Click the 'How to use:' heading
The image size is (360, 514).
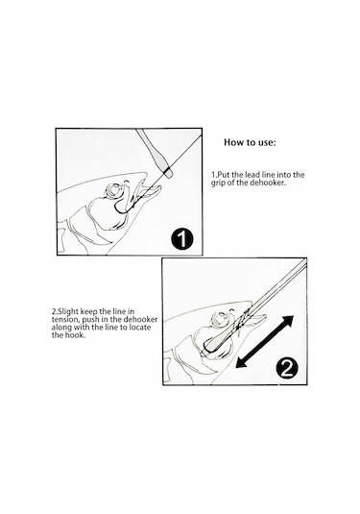click(x=250, y=142)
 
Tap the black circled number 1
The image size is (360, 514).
click(x=182, y=238)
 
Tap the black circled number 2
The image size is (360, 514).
click(x=287, y=369)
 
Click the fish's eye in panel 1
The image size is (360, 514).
click(x=114, y=190)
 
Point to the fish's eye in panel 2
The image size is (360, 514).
click(x=221, y=318)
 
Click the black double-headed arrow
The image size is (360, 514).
click(x=265, y=342)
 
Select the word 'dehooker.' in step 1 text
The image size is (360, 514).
click(x=268, y=183)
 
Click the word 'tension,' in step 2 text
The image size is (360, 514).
click(x=65, y=319)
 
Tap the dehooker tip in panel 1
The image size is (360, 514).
click(x=168, y=173)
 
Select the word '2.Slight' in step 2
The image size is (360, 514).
click(x=65, y=311)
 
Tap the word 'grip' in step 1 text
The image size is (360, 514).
click(x=218, y=183)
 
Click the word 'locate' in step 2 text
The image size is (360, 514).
click(x=140, y=328)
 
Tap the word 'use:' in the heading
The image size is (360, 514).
click(x=266, y=143)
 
